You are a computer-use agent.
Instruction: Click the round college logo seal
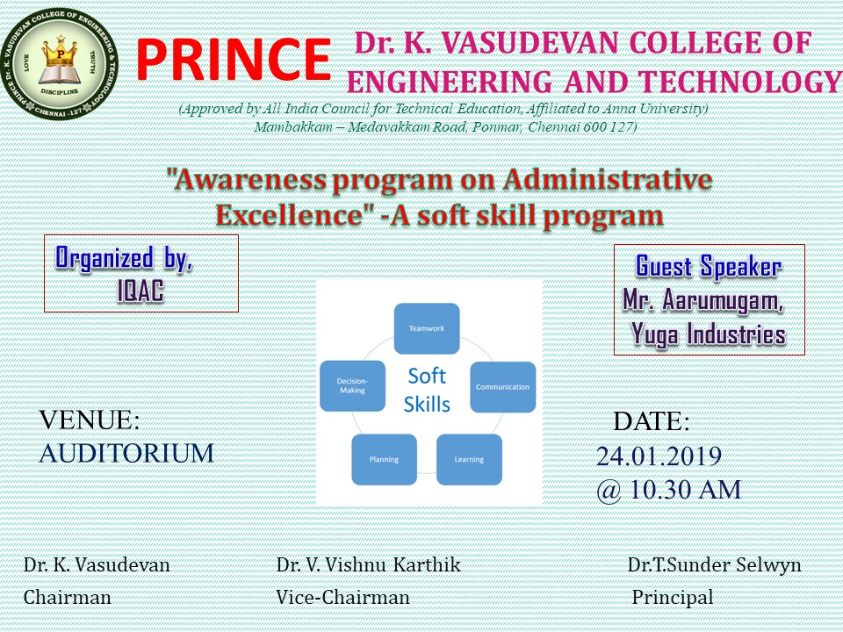pos(59,63)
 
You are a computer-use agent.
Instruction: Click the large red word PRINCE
pos(234,60)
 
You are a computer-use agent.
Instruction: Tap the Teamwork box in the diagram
pos(427,328)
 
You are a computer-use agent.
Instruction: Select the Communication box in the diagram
pos(502,387)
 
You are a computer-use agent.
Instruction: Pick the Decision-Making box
pos(353,386)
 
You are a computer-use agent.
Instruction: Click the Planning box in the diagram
pos(384,459)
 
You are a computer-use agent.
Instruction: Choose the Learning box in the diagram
pos(469,459)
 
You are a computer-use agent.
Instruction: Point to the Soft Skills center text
pos(427,390)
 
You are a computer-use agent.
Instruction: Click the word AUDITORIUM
pos(126,453)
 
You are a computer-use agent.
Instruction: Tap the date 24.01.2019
pos(659,456)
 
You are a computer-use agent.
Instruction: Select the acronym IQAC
pos(140,291)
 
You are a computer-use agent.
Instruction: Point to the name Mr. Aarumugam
pos(702,300)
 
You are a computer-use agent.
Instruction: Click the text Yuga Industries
pos(708,334)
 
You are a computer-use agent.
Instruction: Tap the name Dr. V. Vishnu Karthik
pos(368,564)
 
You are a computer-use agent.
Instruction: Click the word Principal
pos(672,597)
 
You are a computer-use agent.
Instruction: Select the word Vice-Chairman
pos(342,597)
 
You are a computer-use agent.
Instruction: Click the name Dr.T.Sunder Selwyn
pos(714,564)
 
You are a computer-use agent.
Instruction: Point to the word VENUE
pos(87,420)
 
